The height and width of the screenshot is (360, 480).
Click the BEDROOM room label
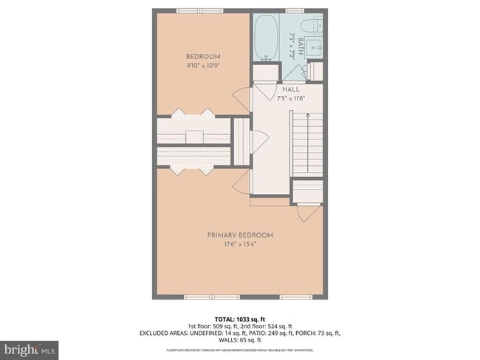(202, 56)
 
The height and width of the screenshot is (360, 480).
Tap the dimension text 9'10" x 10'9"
(202, 65)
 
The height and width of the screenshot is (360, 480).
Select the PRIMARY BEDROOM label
(239, 235)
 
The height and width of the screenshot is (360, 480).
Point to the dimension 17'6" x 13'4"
(239, 245)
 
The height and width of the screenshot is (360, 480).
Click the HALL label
(290, 89)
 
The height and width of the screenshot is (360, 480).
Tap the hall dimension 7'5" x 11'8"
(290, 98)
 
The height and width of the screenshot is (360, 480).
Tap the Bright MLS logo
(29, 347)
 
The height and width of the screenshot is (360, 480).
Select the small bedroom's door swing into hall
(241, 97)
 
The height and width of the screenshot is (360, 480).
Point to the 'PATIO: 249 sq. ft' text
(252, 333)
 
